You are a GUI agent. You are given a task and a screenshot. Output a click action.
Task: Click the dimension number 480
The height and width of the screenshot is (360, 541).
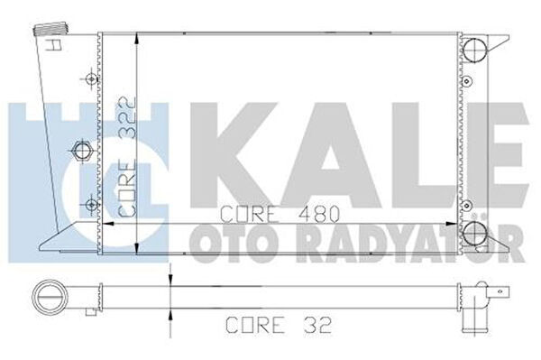[319, 215]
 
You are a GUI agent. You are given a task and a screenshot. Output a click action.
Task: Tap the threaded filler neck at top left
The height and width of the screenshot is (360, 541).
[50, 30]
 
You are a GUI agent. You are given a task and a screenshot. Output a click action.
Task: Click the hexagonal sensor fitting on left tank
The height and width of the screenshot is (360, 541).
[82, 151]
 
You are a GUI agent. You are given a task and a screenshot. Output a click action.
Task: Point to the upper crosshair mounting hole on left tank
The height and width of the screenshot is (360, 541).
[91, 78]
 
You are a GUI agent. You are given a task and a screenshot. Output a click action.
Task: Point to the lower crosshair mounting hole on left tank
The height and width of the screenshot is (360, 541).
[91, 204]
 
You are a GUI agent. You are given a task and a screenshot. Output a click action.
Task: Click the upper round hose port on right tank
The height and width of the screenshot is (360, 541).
[474, 49]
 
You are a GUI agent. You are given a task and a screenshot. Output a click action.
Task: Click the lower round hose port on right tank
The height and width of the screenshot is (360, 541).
[474, 234]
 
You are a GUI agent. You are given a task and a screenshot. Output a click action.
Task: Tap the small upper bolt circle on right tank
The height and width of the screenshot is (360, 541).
[467, 81]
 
